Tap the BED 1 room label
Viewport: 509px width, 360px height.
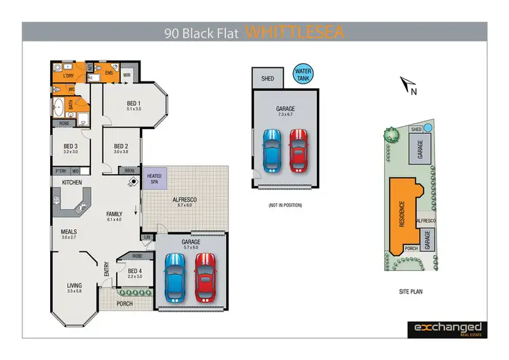(x=133, y=105)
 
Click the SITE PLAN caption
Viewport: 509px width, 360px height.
(x=412, y=291)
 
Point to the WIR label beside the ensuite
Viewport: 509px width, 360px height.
(x=127, y=75)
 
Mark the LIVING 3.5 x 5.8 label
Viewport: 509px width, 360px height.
(x=74, y=288)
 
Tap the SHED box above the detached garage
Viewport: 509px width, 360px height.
(x=268, y=79)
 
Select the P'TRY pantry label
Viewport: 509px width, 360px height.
(x=62, y=171)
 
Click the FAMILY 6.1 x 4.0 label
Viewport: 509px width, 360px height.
(x=114, y=217)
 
